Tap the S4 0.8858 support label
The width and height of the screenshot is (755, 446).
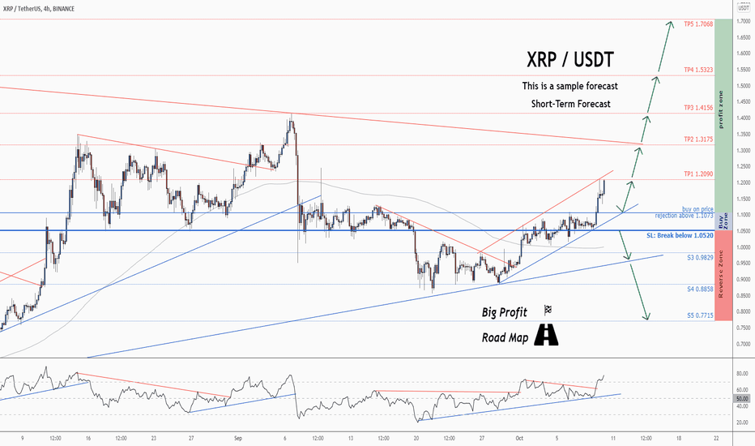point(695,289)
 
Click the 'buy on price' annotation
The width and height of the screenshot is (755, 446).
point(697,209)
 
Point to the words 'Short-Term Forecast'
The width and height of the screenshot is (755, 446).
point(571,104)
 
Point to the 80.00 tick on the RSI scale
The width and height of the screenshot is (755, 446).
point(741,374)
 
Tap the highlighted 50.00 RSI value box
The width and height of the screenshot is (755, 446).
point(741,400)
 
